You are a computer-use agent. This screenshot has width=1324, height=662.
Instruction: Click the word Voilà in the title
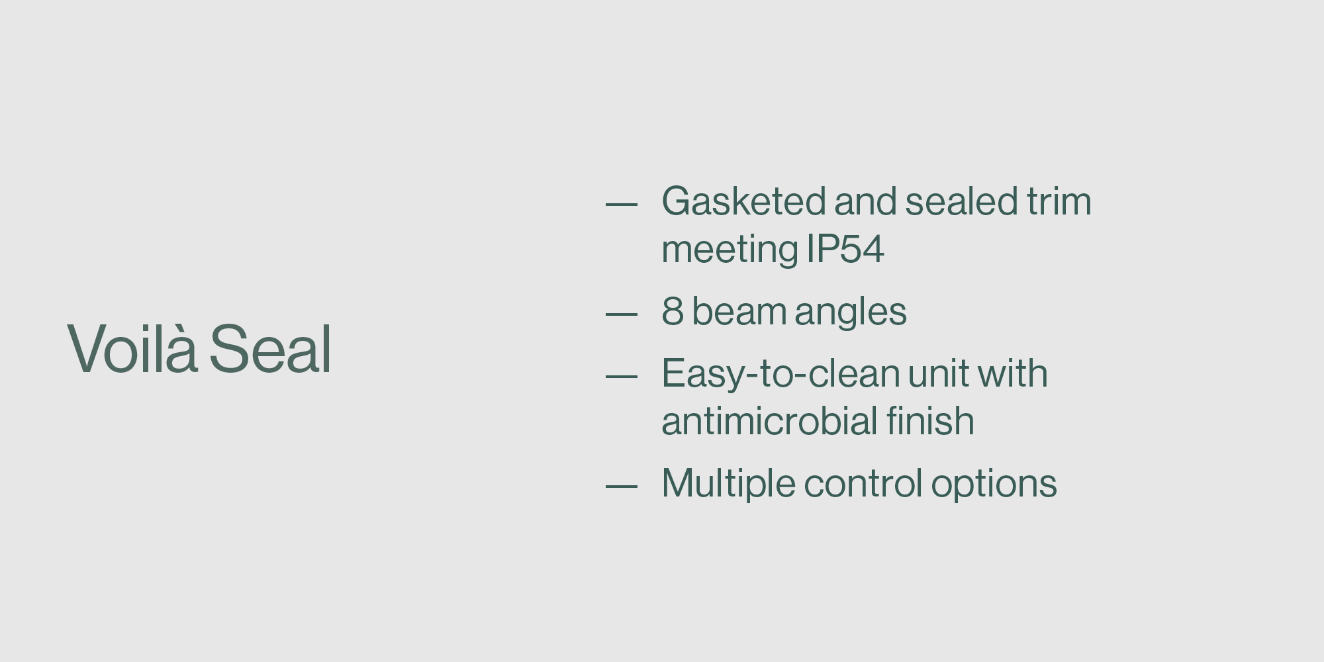click(132, 348)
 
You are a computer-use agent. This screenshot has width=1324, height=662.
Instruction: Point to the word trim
click(1059, 201)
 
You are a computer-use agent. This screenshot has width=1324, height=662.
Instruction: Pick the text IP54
click(845, 250)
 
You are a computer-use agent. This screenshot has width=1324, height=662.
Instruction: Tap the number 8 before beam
click(673, 311)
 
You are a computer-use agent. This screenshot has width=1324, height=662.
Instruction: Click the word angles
click(851, 313)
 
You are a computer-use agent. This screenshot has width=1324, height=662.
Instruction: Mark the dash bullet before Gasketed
click(622, 205)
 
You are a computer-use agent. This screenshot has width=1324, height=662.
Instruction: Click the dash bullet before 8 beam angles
click(622, 314)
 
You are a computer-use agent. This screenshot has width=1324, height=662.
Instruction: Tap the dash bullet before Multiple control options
click(622, 487)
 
